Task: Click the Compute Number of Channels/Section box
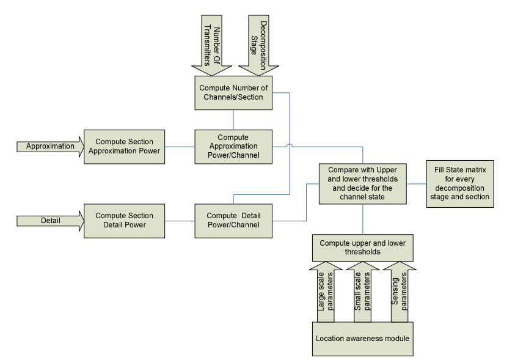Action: (x=233, y=93)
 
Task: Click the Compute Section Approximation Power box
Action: (x=125, y=146)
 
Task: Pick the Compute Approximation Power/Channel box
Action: (x=233, y=146)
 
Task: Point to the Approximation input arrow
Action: (x=49, y=147)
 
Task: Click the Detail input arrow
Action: (x=49, y=220)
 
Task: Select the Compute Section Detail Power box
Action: (x=125, y=220)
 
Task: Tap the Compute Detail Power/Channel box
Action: (x=233, y=220)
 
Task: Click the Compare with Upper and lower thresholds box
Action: (x=363, y=183)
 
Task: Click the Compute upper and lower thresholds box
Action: (x=363, y=247)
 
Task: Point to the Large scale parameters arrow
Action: (x=326, y=291)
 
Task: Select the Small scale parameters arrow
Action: (x=363, y=291)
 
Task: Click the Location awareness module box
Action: (x=363, y=339)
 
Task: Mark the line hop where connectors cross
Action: (x=289, y=146)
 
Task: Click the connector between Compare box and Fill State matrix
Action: (x=416, y=183)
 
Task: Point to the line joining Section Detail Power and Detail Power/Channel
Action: (x=180, y=220)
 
